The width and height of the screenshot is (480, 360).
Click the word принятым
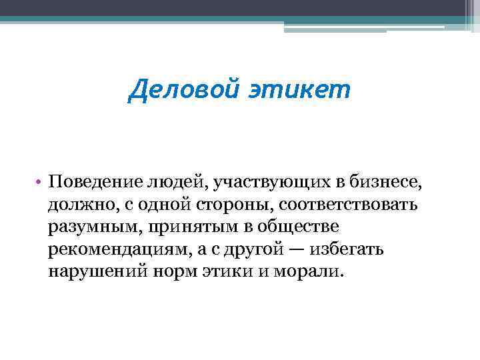tap(181, 227)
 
